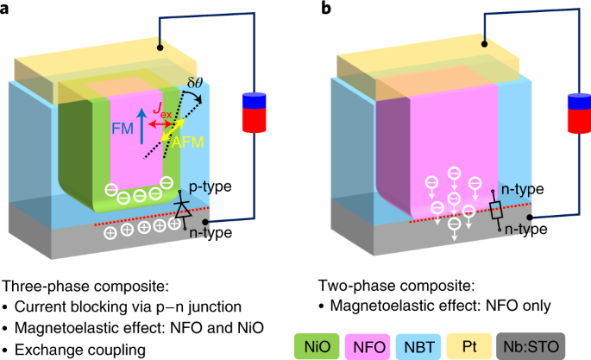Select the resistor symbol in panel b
click(x=495, y=207)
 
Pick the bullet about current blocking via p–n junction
click(x=125, y=306)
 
